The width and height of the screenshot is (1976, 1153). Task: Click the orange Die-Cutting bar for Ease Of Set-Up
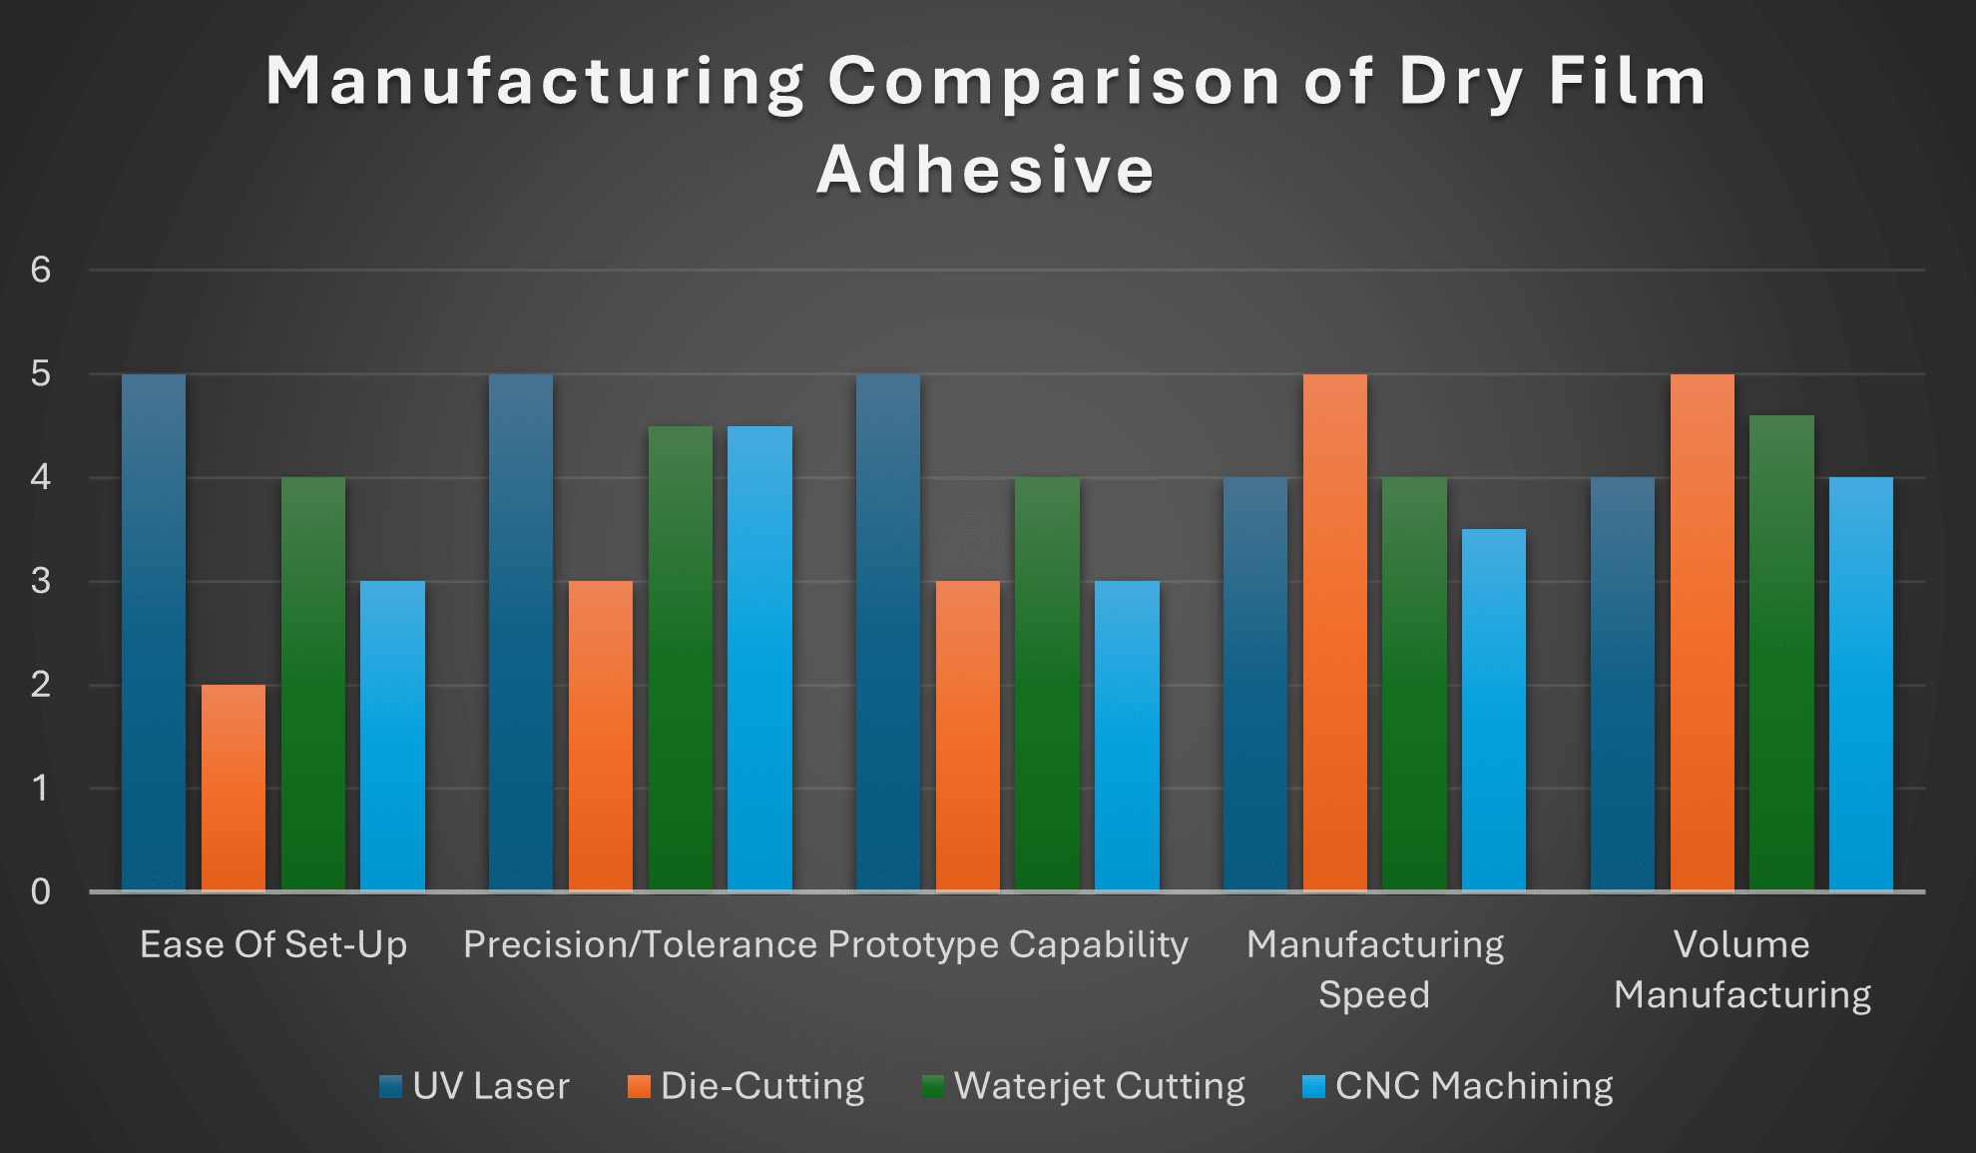tap(234, 788)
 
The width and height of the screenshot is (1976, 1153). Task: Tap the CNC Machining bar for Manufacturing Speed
tap(1494, 710)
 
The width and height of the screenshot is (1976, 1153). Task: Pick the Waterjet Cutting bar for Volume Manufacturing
tap(1781, 653)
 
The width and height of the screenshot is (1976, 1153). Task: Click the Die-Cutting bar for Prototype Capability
tap(967, 736)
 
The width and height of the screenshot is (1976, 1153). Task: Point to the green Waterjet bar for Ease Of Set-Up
tap(313, 684)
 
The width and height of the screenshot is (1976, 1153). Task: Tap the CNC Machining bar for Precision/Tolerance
tap(759, 659)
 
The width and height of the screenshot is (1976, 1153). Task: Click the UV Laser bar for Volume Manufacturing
tap(1622, 684)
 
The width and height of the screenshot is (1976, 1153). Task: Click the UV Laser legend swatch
tap(390, 1086)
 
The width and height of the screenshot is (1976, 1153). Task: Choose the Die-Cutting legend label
tap(762, 1086)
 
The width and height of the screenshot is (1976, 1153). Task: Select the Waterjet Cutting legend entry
tap(1099, 1086)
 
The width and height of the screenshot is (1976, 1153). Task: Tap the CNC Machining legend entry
tap(1473, 1086)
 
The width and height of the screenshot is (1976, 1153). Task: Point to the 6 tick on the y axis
tap(40, 270)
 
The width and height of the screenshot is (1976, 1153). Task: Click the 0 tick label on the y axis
tap(40, 891)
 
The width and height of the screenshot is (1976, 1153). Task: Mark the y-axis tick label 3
tap(40, 581)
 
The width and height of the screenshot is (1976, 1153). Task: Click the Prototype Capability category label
tap(1008, 944)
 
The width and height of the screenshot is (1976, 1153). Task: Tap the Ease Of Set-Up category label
tap(273, 944)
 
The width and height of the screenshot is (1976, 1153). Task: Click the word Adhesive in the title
tap(986, 170)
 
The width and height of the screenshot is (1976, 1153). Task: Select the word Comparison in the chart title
tap(1054, 81)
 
